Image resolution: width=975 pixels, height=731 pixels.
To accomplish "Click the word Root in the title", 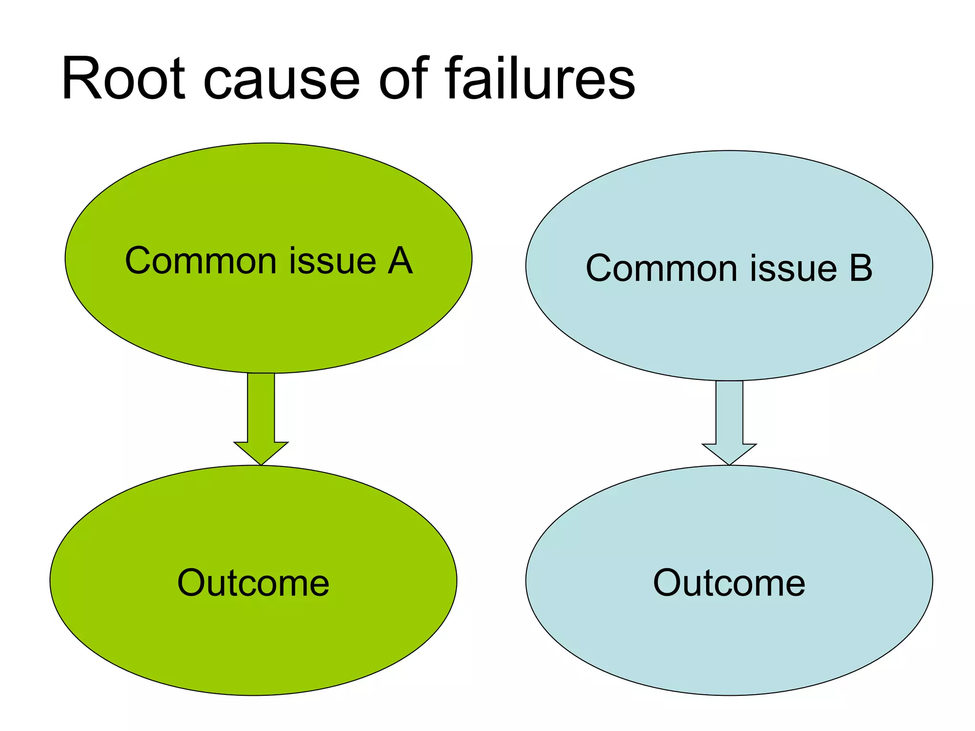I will [123, 79].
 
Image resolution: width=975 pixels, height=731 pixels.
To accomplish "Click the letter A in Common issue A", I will [400, 261].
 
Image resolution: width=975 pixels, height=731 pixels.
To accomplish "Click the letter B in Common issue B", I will [861, 268].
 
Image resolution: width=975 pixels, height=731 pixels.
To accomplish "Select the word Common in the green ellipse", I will [200, 261].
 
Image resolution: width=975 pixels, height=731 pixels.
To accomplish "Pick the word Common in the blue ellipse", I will [661, 268].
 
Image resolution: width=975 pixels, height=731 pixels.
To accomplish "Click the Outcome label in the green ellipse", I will [253, 583].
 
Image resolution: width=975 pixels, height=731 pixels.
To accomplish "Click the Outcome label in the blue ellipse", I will [729, 583].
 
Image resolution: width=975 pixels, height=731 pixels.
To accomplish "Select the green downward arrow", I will [261, 419].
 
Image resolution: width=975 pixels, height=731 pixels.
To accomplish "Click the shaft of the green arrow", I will [261, 407].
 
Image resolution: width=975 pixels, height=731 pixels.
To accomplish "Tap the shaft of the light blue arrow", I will [729, 412].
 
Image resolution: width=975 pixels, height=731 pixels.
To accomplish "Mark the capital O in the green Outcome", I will [192, 583].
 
